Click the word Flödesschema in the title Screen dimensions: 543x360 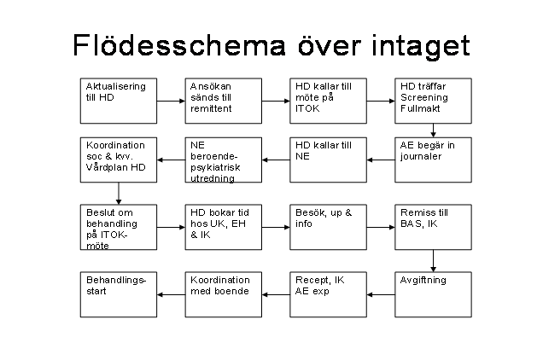[179, 45]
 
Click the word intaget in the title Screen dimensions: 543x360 [420, 46]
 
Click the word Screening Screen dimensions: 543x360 [423, 97]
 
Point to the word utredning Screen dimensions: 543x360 [213, 178]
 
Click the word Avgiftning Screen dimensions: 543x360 [423, 281]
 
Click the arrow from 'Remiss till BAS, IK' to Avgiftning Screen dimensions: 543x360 [433, 261]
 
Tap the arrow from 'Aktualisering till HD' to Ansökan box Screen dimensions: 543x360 [171, 101]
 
